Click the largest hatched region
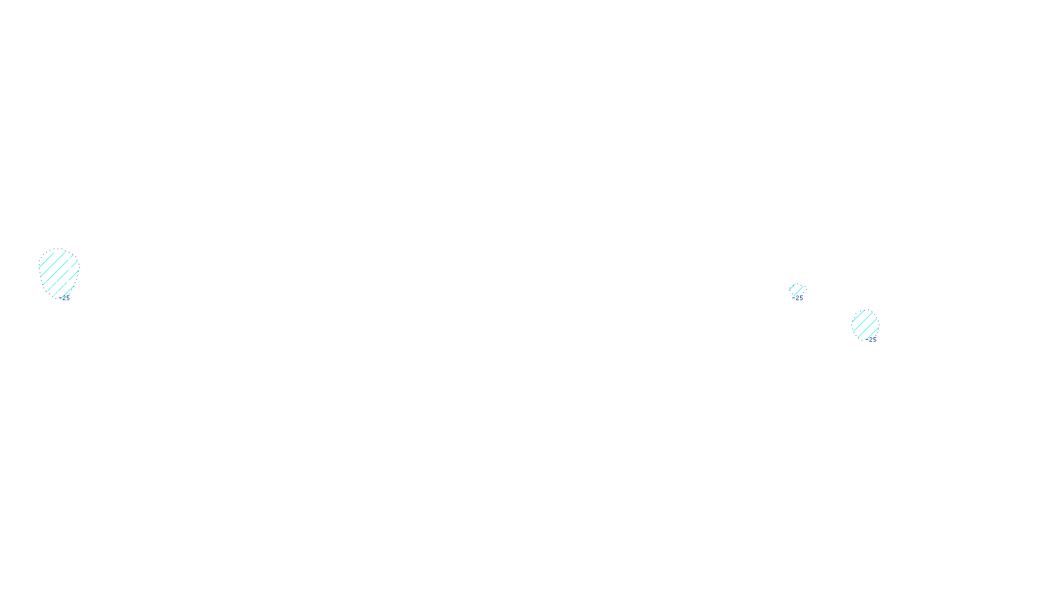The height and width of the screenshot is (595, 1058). tap(58, 271)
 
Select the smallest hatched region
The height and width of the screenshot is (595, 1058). tap(797, 290)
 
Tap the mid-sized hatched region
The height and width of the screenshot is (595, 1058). tap(865, 324)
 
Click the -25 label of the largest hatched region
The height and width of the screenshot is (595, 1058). tap(65, 298)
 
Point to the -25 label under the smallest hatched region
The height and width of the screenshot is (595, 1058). tap(798, 298)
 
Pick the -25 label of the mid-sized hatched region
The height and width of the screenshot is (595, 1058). tap(872, 340)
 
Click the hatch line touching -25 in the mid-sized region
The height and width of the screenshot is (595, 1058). tap(872, 335)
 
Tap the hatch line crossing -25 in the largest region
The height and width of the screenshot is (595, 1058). tap(66, 292)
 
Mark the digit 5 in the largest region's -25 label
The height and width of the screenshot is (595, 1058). tap(67, 298)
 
